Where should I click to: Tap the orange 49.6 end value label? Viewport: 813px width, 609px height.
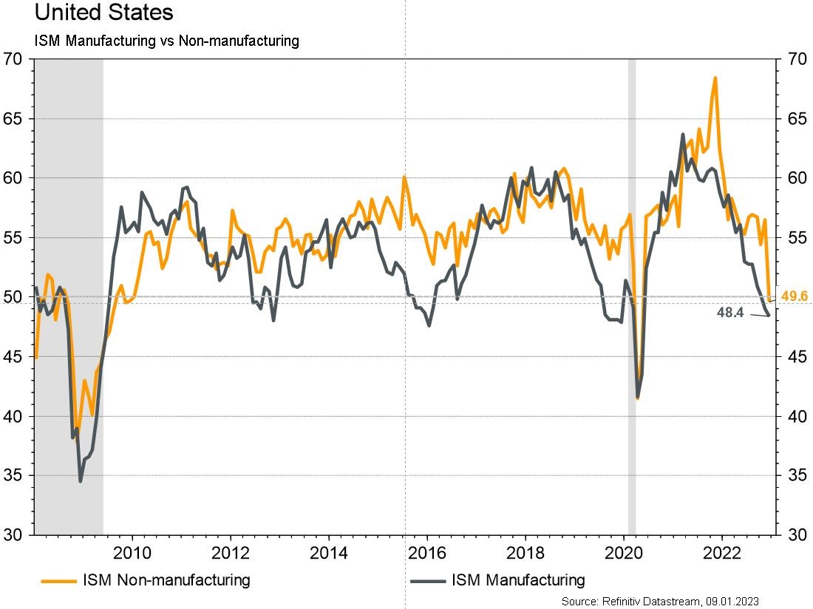pos(794,297)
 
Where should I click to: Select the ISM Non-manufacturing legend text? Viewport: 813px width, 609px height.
pos(166,580)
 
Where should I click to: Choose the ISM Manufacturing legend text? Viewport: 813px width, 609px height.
pos(517,580)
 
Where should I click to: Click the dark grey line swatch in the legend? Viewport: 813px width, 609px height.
pos(426,581)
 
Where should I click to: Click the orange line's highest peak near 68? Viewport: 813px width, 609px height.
pos(715,78)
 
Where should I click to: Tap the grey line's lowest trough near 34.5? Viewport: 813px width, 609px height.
pos(81,481)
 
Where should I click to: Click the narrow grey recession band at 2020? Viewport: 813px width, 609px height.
pos(632,296)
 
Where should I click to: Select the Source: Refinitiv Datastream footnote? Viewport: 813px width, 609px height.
pos(660,602)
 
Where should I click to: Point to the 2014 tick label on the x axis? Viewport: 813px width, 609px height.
pos(329,552)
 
